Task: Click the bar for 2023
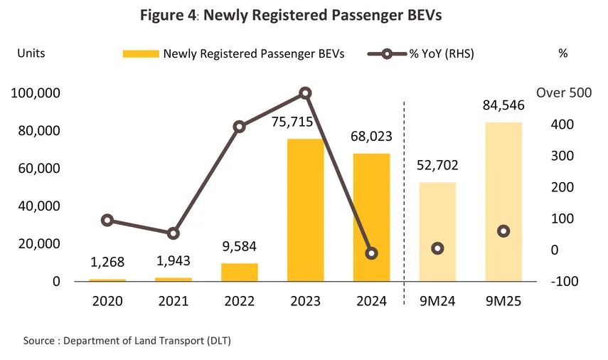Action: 306,210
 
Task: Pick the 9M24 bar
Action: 437,231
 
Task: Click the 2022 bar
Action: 240,272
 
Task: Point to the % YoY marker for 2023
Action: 306,93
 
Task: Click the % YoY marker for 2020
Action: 107,220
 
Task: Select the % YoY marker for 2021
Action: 174,233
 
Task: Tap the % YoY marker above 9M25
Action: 503,231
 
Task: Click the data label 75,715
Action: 292,122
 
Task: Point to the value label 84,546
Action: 503,108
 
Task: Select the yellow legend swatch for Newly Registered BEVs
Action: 141,54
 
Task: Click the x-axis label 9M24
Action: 437,301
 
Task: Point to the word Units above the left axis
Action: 31,53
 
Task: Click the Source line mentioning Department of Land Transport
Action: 127,341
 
